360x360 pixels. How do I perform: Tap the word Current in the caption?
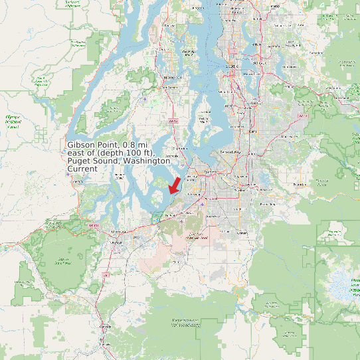click(82, 169)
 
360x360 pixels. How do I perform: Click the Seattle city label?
click(232, 66)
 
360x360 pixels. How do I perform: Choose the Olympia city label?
click(118, 231)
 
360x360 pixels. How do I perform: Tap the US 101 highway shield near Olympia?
click(92, 226)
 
